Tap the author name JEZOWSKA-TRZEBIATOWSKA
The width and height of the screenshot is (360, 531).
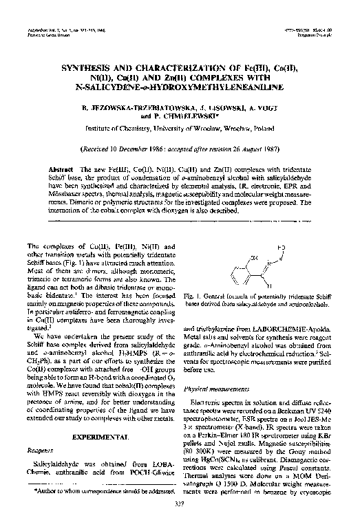point(143,109)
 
